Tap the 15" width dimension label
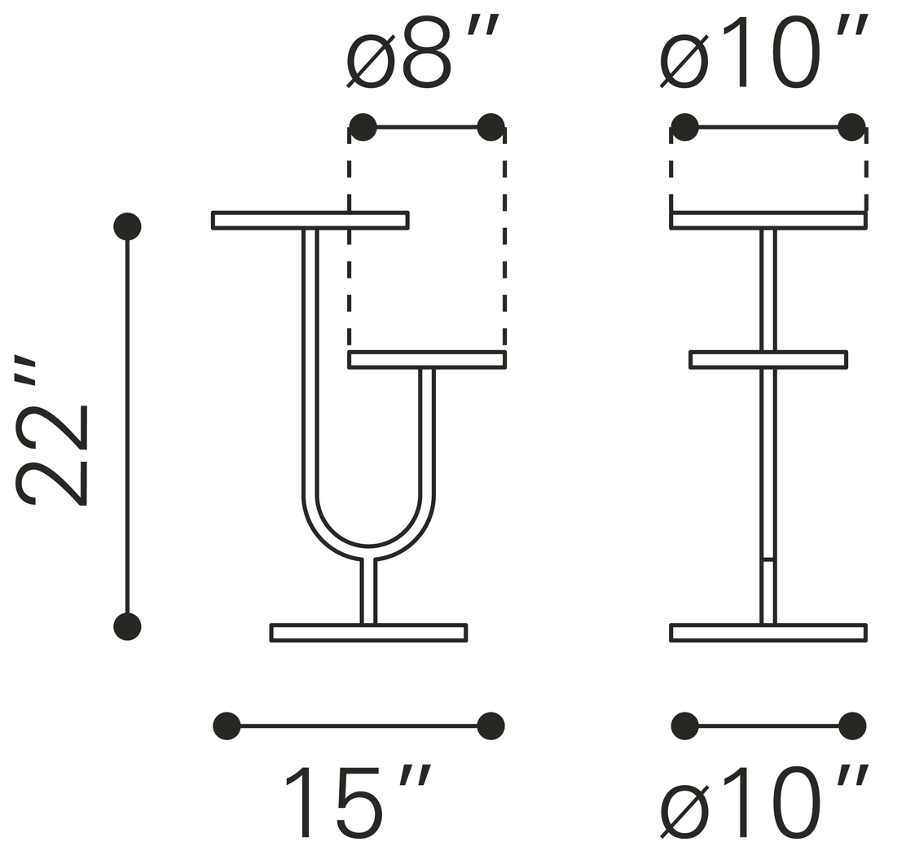coord(358,802)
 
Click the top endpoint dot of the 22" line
coord(127,226)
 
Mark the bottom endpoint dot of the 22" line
coord(127,626)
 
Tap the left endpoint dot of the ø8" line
coord(363,127)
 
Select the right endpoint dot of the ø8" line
coord(490,127)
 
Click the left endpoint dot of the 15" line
coord(226,726)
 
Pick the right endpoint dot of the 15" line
coord(490,726)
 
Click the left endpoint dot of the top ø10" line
coord(684,127)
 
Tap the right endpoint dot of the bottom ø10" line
coord(851,726)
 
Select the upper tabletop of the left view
coord(310,221)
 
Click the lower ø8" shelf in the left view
coord(427,360)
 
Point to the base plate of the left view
coord(368,633)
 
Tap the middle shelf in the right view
coord(768,360)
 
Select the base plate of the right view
coord(768,633)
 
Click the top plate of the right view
coord(768,221)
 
